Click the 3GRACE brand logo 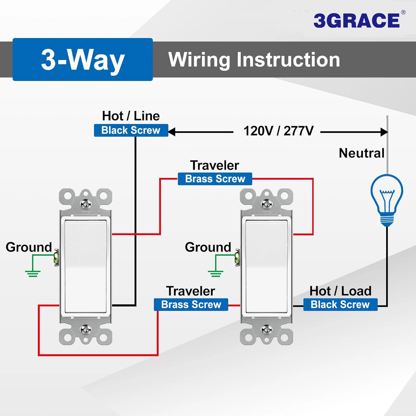(357, 20)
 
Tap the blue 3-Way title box (83, 59)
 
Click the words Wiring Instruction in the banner (254, 60)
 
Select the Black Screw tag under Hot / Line (131, 130)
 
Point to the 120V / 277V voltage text (278, 131)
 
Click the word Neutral (361, 153)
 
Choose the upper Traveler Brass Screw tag (215, 179)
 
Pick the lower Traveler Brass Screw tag (191, 305)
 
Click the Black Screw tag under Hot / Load (340, 305)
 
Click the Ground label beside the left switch (29, 247)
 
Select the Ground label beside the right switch (208, 247)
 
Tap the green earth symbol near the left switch (33, 273)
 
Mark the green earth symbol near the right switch (215, 273)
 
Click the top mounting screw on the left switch (85, 204)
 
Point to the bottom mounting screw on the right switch (267, 329)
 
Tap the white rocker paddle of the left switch (85, 267)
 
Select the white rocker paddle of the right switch (267, 267)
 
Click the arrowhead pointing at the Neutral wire (384, 132)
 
